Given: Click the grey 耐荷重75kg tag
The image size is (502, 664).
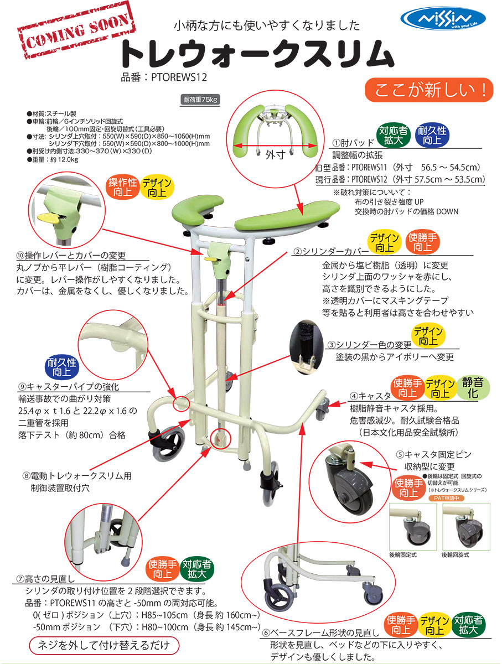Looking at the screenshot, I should click(201, 100).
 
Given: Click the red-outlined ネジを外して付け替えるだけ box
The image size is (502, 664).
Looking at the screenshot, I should click(104, 645).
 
